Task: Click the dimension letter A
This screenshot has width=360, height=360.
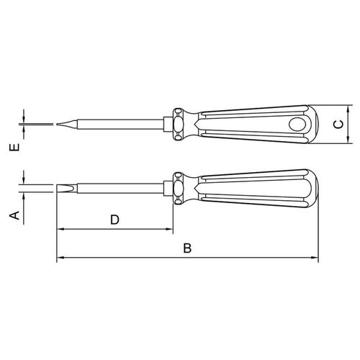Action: pyautogui.click(x=14, y=215)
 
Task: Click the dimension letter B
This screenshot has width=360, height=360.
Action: pyautogui.click(x=187, y=248)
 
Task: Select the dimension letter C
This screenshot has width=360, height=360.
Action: pyautogui.click(x=338, y=125)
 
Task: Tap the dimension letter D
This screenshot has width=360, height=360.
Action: pyautogui.click(x=114, y=220)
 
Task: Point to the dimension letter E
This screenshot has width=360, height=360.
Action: pyautogui.click(x=14, y=148)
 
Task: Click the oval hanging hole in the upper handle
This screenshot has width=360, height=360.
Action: pyautogui.click(x=297, y=125)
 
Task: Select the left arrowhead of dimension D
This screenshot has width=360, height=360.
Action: pyautogui.click(x=60, y=229)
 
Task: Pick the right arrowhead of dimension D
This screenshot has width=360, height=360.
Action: pyautogui.click(x=169, y=229)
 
